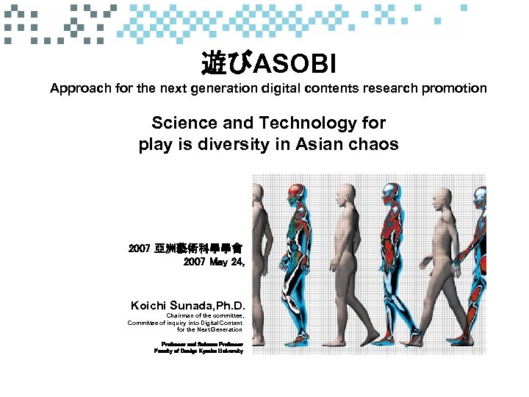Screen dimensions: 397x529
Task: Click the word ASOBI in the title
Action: (x=295, y=65)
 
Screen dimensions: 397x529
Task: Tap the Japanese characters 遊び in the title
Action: (x=226, y=65)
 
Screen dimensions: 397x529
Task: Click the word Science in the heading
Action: (x=184, y=123)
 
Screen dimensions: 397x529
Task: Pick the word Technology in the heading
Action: (x=312, y=123)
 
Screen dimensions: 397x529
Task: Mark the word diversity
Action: (x=235, y=144)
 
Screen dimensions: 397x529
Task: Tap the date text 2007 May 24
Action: (x=214, y=262)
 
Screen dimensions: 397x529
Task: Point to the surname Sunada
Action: (x=192, y=305)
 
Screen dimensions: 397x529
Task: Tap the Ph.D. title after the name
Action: (x=230, y=305)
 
